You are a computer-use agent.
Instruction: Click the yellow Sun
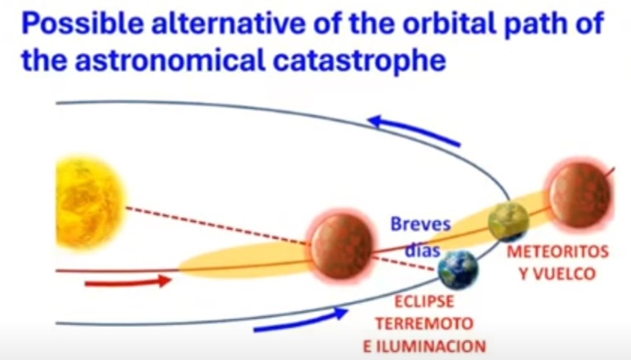click(x=90, y=202)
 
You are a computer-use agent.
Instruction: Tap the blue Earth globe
click(x=458, y=269)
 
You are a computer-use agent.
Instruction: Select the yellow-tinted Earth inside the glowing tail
click(x=508, y=221)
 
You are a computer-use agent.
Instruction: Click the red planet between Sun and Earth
click(x=342, y=246)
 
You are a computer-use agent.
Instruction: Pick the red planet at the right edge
click(x=580, y=196)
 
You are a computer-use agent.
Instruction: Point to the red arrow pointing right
click(x=128, y=281)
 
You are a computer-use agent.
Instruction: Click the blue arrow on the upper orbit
click(x=414, y=130)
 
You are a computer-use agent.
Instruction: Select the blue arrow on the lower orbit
click(x=301, y=319)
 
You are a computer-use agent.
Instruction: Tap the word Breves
click(x=421, y=224)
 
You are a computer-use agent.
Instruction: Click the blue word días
click(x=422, y=251)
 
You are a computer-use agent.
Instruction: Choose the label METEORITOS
click(x=558, y=252)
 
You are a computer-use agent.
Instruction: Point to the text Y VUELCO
click(x=557, y=274)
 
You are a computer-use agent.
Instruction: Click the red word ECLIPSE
click(x=424, y=302)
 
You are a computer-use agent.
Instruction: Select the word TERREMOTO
click(x=424, y=324)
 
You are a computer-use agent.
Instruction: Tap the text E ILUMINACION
click(x=425, y=346)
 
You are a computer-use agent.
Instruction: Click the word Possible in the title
click(x=83, y=24)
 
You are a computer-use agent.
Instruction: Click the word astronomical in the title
click(x=171, y=61)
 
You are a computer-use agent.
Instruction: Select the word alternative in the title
click(x=229, y=24)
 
